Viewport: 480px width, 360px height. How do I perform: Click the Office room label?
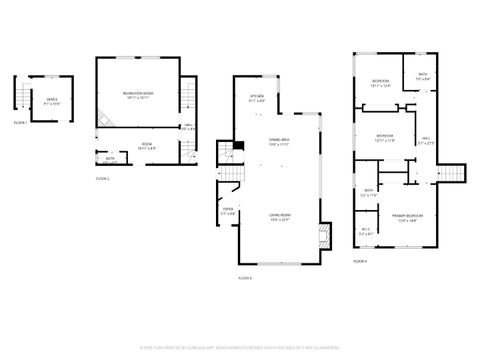pyautogui.click(x=51, y=100)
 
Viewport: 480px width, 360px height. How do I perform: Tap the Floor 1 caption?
pyautogui.click(x=20, y=122)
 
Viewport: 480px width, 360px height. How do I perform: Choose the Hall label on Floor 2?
pyautogui.click(x=187, y=126)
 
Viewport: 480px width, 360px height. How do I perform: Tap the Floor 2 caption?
pyautogui.click(x=103, y=178)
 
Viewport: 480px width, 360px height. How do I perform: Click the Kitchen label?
pyautogui.click(x=257, y=98)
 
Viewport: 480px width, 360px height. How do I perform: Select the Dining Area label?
pyautogui.click(x=279, y=142)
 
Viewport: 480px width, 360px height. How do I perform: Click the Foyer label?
pyautogui.click(x=228, y=211)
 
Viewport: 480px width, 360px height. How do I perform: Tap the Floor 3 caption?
pyautogui.click(x=245, y=277)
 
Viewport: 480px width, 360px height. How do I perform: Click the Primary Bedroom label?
pyautogui.click(x=405, y=216)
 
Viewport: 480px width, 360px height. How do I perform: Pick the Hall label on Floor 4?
pyautogui.click(x=425, y=140)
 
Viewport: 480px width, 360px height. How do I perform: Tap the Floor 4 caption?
pyautogui.click(x=360, y=259)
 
